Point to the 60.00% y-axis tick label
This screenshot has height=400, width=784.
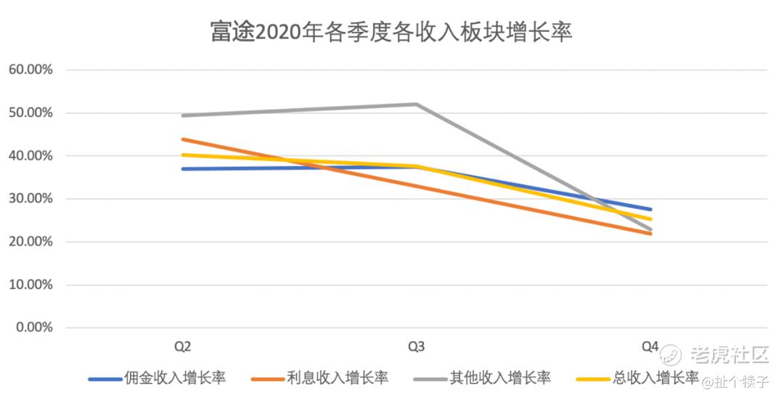(x=30, y=70)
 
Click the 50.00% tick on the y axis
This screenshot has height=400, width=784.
(x=30, y=113)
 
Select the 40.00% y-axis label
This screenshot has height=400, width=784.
(x=30, y=156)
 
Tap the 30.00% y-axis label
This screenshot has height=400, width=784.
(x=30, y=199)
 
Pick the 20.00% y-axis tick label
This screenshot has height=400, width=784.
(x=30, y=242)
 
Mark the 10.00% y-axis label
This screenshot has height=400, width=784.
(x=30, y=285)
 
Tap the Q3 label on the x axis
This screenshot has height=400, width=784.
(x=416, y=346)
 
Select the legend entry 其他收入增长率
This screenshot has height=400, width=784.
(x=500, y=377)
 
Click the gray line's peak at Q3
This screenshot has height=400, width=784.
(x=416, y=104)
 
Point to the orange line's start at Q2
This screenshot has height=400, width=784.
(x=183, y=139)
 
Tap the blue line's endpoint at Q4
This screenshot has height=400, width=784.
(x=650, y=209)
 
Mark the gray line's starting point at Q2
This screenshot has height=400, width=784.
(x=183, y=115)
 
